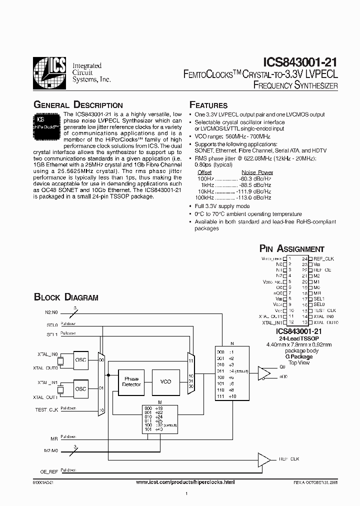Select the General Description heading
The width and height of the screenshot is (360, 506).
(x=77, y=105)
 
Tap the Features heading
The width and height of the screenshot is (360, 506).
(x=208, y=105)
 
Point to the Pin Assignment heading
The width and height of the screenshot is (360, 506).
(x=291, y=248)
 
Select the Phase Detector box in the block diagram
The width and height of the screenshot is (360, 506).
(x=131, y=381)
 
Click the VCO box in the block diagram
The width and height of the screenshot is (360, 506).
(x=165, y=381)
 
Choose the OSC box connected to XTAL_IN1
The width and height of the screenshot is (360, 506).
(x=80, y=388)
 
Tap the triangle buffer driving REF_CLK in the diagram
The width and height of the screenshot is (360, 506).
(x=263, y=458)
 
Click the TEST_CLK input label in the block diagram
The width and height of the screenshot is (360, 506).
(x=47, y=409)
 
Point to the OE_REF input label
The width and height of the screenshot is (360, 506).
(x=49, y=471)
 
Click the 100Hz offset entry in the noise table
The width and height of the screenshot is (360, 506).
(x=204, y=178)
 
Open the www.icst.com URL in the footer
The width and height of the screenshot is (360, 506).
(x=185, y=481)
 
